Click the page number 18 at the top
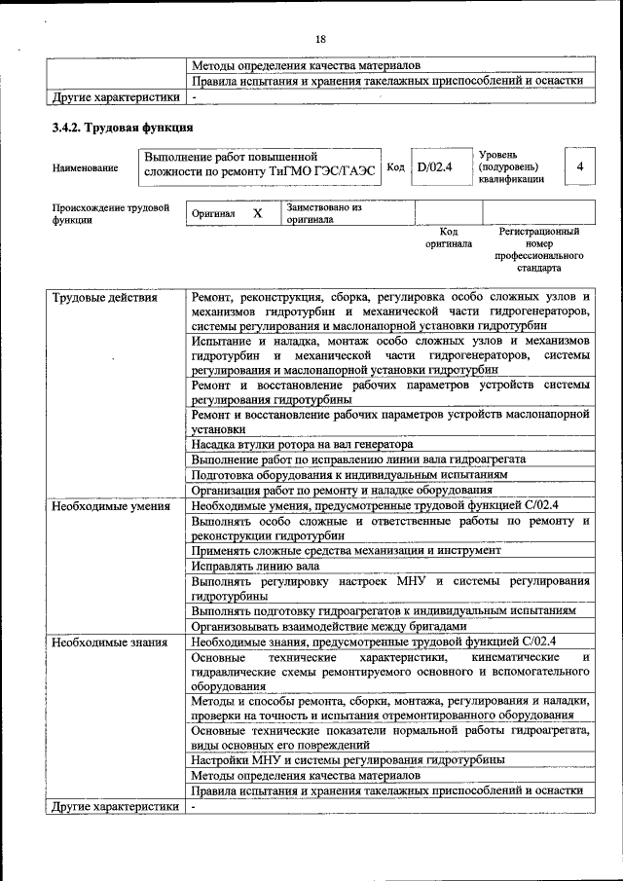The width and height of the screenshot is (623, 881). click(x=320, y=38)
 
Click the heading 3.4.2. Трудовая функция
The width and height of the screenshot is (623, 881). click(x=122, y=128)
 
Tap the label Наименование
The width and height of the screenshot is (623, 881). click(x=86, y=168)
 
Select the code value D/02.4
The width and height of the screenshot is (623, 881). click(x=435, y=167)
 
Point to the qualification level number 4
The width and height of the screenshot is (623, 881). click(x=580, y=167)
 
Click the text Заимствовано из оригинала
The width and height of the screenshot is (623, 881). click(x=323, y=213)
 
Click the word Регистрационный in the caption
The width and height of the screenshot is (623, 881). click(x=539, y=232)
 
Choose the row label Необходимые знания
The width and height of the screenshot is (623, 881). click(x=109, y=642)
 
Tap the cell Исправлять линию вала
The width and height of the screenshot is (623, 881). click(x=256, y=566)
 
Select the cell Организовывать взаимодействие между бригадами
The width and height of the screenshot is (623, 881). click(x=329, y=626)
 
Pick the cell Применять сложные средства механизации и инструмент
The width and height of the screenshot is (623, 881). click(x=346, y=550)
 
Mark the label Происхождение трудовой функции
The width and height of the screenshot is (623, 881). click(x=111, y=213)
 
